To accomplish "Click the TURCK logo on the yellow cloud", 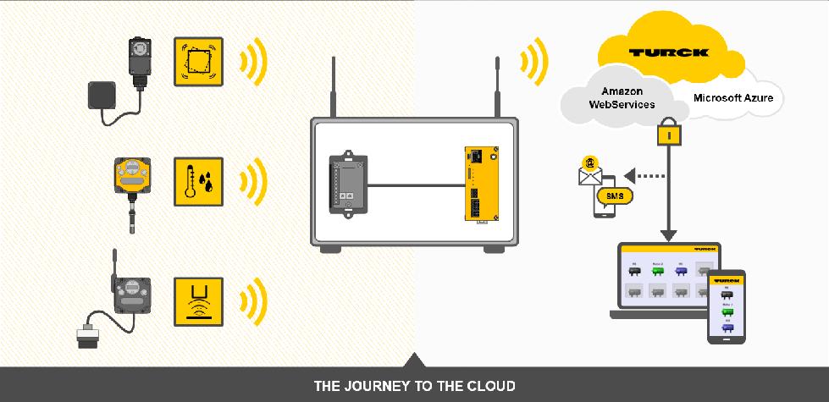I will pyautogui.click(x=670, y=52).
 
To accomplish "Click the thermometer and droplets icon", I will pyautogui.click(x=198, y=181).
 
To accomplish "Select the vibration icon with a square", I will pyautogui.click(x=198, y=61).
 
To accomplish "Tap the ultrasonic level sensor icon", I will pyautogui.click(x=198, y=300).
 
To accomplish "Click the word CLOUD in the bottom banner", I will pyautogui.click(x=489, y=387).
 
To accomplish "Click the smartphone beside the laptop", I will pyautogui.click(x=726, y=306).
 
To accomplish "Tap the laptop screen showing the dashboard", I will pyautogui.click(x=669, y=280).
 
